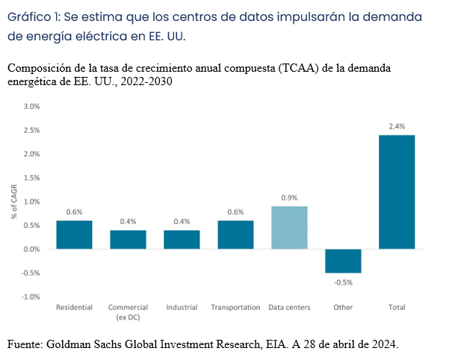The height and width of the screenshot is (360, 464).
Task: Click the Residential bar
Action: click(x=74, y=235)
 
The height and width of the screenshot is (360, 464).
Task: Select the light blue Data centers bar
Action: click(x=289, y=228)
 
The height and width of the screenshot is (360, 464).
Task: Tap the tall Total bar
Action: click(x=397, y=192)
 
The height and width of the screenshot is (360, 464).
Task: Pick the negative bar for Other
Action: click(x=343, y=261)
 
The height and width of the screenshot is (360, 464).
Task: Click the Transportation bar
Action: click(x=235, y=235)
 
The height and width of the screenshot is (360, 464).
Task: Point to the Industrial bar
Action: click(x=182, y=239)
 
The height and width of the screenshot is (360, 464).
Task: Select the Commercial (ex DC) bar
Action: click(x=128, y=239)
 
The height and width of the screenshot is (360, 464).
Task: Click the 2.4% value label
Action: click(x=397, y=126)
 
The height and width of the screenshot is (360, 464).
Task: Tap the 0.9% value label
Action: click(x=289, y=198)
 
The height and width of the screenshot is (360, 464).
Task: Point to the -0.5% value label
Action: click(x=343, y=282)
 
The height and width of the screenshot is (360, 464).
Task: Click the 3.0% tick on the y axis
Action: click(x=31, y=107)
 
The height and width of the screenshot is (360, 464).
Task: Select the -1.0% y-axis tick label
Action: click(x=31, y=297)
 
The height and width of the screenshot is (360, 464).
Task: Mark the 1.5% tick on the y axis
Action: click(x=31, y=178)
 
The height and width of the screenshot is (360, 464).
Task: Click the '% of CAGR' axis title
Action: click(x=14, y=202)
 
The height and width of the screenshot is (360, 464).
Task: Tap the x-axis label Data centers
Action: click(x=289, y=307)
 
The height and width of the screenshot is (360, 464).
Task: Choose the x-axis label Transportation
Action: click(x=235, y=307)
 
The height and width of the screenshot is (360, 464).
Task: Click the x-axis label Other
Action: click(x=343, y=307)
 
